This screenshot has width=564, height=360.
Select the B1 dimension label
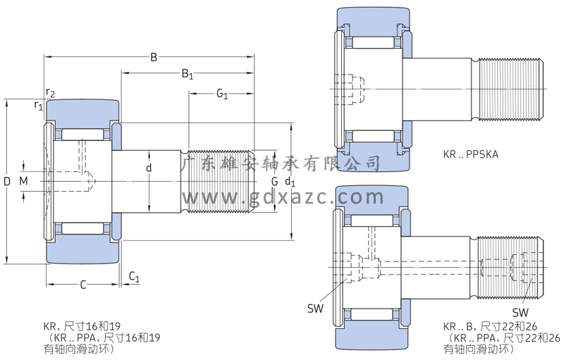click(x=188, y=73)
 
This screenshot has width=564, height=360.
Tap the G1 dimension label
click(x=221, y=94)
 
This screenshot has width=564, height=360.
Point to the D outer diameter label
click(x=7, y=182)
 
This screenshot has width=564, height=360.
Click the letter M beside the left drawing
click(x=24, y=182)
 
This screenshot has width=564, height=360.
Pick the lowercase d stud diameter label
click(x=149, y=168)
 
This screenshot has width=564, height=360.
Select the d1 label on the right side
click(x=289, y=182)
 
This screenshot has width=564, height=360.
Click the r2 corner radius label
click(x=50, y=92)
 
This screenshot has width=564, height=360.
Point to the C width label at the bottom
click(x=82, y=285)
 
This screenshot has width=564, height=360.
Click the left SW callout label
click(x=314, y=307)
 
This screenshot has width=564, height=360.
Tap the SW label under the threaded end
click(x=520, y=312)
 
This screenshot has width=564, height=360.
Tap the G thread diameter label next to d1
click(x=274, y=182)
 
